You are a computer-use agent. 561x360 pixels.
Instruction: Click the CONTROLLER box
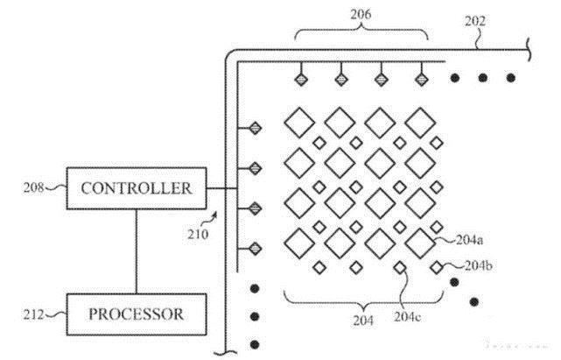tap(137, 188)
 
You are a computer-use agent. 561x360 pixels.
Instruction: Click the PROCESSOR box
tap(137, 314)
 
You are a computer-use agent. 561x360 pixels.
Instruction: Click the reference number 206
tap(361, 12)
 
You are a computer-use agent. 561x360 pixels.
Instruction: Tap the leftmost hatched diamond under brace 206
tap(300, 78)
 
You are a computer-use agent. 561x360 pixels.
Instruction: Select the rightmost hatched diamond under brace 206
tap(421, 78)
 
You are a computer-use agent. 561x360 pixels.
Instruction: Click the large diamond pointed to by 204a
tap(421, 239)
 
